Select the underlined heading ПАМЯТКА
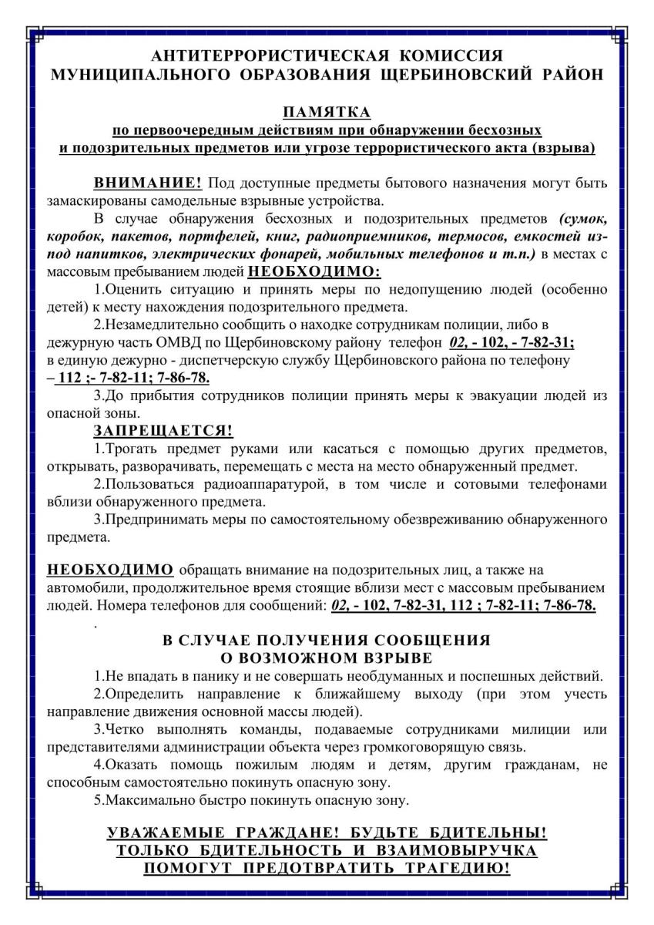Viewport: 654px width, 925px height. tap(327, 113)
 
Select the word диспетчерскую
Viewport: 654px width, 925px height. tap(229, 360)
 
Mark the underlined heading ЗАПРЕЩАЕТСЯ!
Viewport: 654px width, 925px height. tap(163, 430)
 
